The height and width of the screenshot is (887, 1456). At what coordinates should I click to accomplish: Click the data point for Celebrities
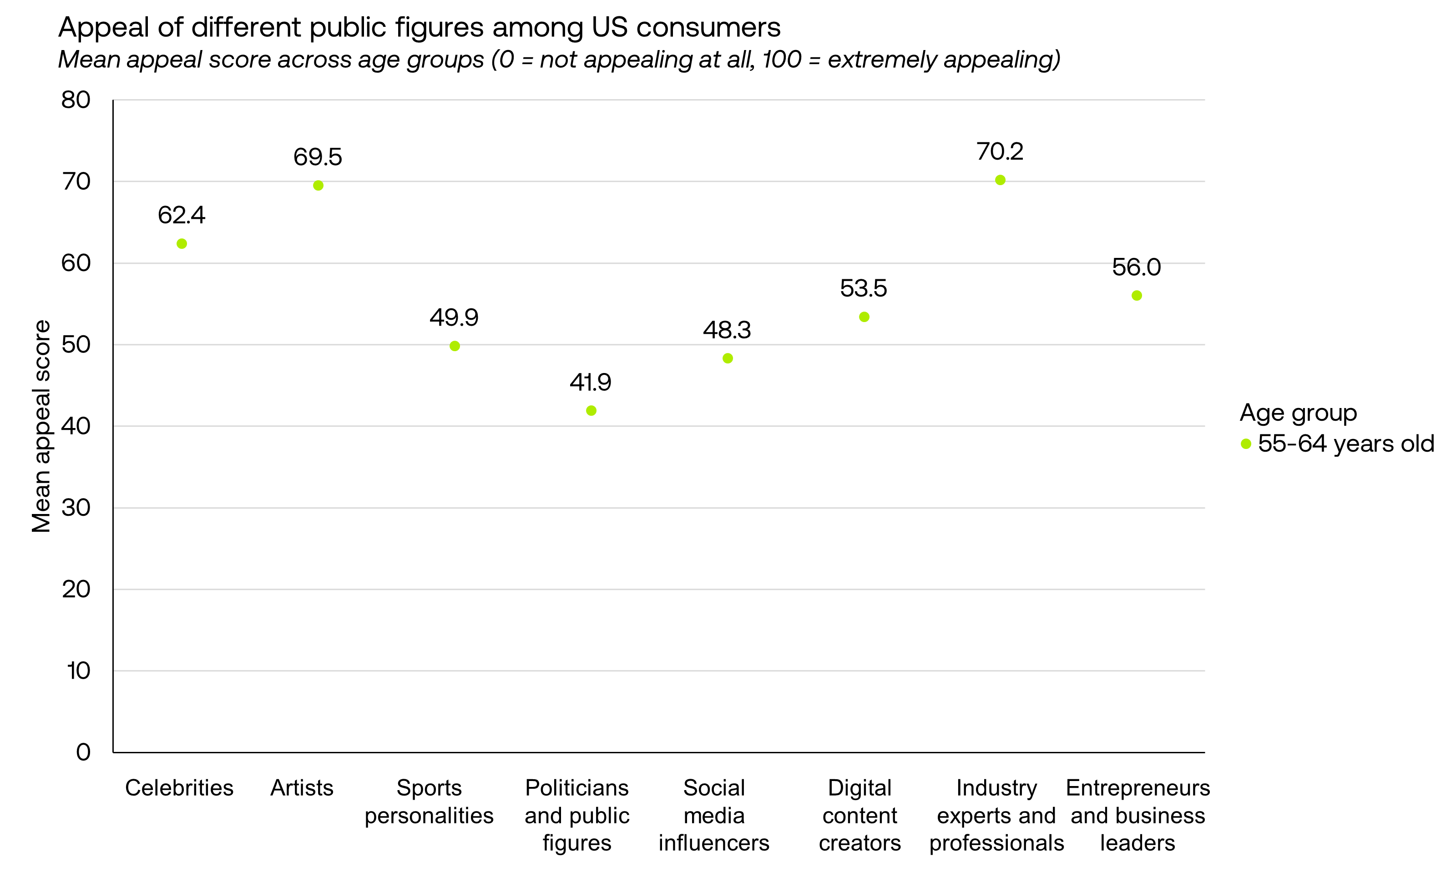click(x=182, y=244)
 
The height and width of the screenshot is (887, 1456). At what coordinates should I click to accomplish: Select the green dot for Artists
click(x=318, y=186)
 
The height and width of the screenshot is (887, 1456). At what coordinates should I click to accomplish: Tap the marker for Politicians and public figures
click(x=591, y=410)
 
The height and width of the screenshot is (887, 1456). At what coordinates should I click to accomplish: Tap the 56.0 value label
click(x=1136, y=267)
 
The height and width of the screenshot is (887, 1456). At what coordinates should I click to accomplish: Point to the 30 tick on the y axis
click(x=76, y=508)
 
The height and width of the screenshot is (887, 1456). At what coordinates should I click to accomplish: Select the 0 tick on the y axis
click(x=83, y=752)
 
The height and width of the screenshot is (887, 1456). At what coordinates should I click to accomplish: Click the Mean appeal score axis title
click(x=41, y=426)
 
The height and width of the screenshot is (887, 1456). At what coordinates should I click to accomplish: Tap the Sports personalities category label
click(x=429, y=802)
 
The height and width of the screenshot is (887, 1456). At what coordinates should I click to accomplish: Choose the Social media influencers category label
click(x=714, y=816)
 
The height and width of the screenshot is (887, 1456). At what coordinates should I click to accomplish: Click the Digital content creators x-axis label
click(x=860, y=816)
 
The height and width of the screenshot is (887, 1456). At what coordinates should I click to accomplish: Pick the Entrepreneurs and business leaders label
click(x=1137, y=816)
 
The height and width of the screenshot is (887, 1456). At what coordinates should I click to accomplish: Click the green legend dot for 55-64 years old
click(x=1246, y=444)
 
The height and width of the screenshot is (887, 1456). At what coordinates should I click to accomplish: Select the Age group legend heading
click(x=1298, y=413)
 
